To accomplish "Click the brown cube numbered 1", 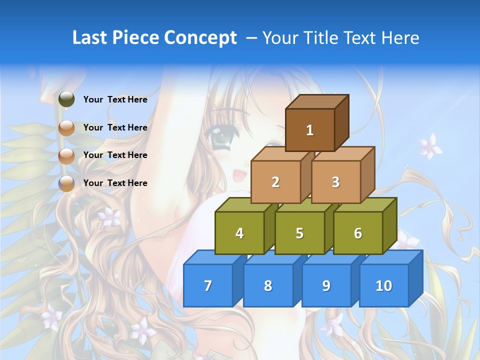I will tap(310, 130).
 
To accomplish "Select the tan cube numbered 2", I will tap(275, 182).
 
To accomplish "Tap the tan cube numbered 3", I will tap(335, 182).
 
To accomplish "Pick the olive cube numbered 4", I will tap(239, 233).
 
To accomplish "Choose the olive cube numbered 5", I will tap(299, 233).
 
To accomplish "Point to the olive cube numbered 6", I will tap(357, 233).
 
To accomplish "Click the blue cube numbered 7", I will tap(208, 285).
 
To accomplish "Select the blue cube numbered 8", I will tap(268, 285).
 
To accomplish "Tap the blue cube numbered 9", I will tap(326, 285).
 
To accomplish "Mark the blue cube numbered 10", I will tap(383, 285).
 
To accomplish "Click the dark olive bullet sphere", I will tap(66, 99).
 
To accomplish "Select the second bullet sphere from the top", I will tap(66, 128).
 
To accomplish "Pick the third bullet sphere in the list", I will tap(66, 155).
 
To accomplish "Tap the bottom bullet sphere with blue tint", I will tap(66, 183).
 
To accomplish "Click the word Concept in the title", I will tap(200, 38).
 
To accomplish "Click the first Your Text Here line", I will tap(115, 99).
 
